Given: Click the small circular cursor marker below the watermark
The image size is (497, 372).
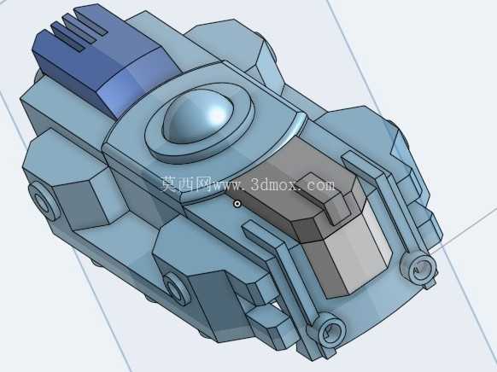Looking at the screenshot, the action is click(x=237, y=204).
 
